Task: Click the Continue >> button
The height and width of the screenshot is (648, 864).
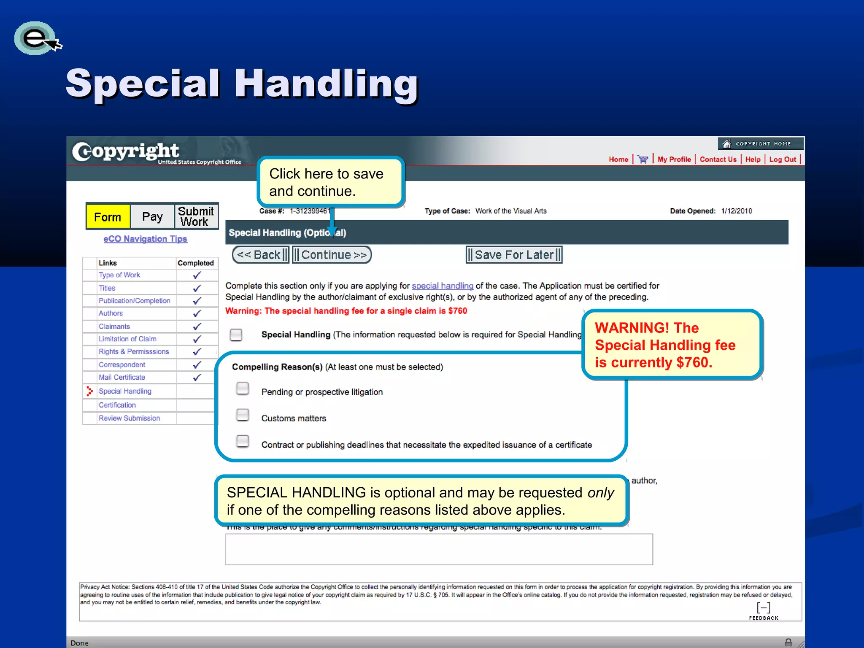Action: click(332, 255)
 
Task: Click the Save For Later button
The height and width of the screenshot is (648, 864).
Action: click(514, 255)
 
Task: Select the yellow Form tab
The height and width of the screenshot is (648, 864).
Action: click(108, 217)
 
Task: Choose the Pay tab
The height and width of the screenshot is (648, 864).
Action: click(152, 217)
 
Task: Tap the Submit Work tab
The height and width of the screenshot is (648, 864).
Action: click(196, 216)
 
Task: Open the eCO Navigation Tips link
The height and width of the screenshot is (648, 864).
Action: click(146, 239)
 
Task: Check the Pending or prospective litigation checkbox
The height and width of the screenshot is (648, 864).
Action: click(243, 389)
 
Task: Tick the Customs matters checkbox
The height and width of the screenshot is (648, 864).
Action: click(243, 415)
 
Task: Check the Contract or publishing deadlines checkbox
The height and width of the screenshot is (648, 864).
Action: click(243, 441)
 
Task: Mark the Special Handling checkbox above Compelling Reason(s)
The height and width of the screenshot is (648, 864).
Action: click(236, 335)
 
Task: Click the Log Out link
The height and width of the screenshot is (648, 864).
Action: click(783, 159)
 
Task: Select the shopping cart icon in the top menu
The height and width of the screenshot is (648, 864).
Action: click(643, 159)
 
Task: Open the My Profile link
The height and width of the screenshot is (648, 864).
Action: click(674, 159)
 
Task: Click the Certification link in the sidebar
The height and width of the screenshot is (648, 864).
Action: click(117, 405)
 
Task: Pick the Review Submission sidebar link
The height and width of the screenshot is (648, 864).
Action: click(130, 418)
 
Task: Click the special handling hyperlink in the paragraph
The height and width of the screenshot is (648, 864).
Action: click(443, 286)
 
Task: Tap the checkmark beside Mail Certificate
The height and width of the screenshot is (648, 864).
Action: click(197, 378)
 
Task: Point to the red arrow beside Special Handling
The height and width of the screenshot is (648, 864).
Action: click(89, 391)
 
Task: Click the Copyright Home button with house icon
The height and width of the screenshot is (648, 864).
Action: click(761, 144)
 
